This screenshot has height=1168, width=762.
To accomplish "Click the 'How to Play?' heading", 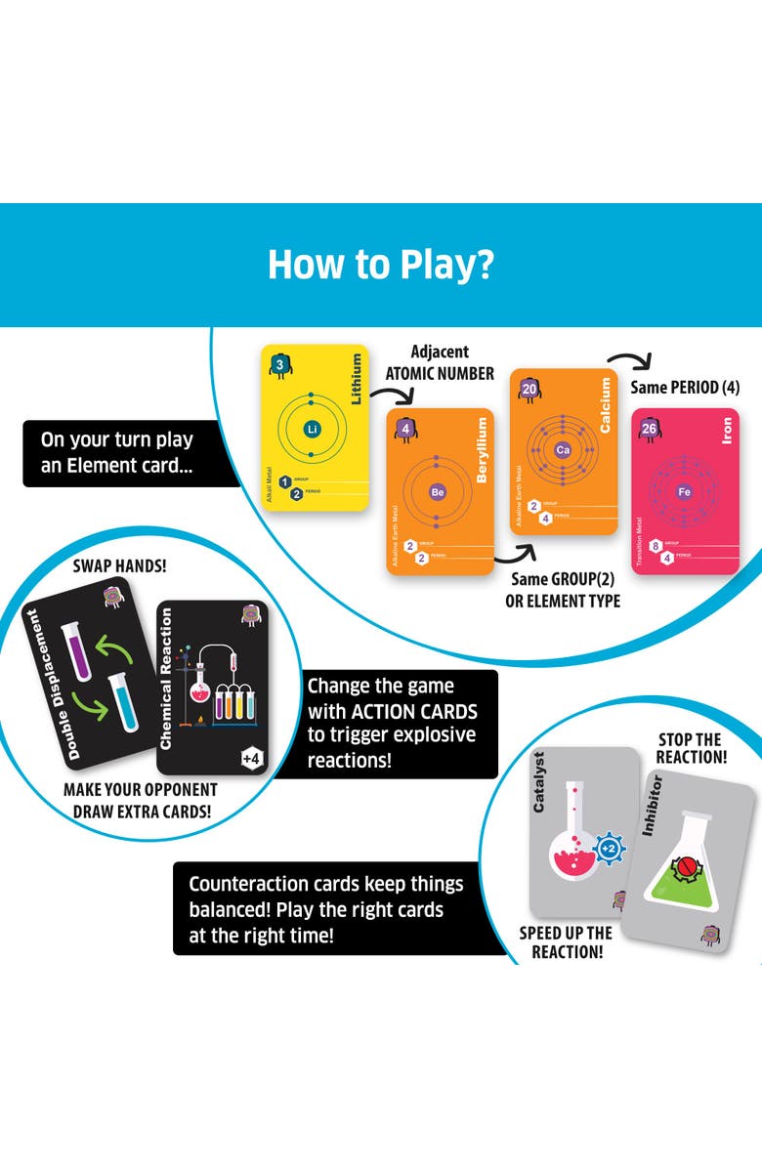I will click(380, 265).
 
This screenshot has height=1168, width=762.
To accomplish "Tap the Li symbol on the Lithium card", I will click(313, 429).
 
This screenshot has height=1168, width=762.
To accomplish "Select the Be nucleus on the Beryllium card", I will click(438, 493).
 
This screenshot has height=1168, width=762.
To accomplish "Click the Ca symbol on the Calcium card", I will click(562, 450).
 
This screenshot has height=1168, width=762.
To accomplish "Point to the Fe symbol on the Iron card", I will click(684, 492).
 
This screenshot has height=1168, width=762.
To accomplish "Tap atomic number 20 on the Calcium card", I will click(529, 389).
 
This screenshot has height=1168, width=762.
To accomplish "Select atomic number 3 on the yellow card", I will click(279, 365).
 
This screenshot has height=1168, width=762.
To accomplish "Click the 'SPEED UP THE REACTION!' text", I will click(566, 942).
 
